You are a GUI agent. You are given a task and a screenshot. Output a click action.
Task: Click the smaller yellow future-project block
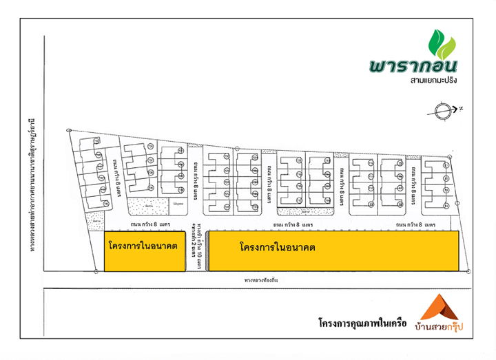(144, 252)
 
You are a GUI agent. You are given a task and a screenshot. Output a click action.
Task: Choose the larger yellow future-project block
(333, 251)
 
